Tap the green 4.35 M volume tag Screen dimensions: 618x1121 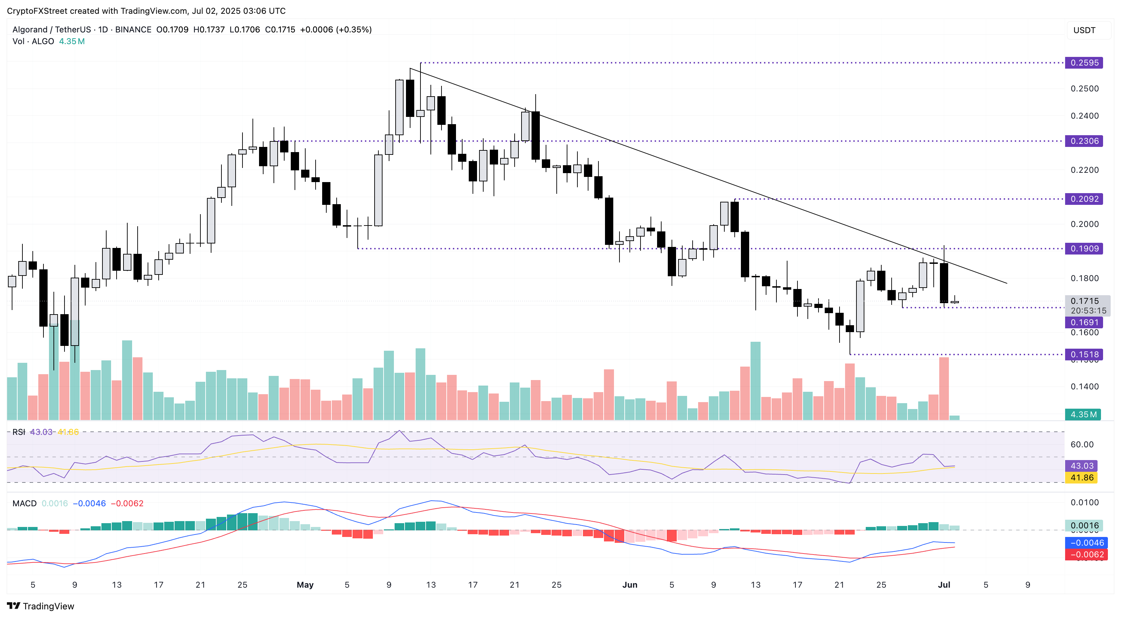tap(1083, 414)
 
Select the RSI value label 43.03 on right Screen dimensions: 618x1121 tap(1081, 466)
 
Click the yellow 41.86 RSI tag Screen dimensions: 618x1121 tap(1081, 477)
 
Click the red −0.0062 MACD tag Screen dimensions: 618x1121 tap(1086, 555)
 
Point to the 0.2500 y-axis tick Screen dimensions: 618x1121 tap(1084, 88)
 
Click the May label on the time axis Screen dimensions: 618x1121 tap(305, 585)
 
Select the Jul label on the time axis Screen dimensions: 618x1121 tap(943, 585)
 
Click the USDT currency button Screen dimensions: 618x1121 tap(1084, 30)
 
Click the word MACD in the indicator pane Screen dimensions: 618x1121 tap(24, 503)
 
